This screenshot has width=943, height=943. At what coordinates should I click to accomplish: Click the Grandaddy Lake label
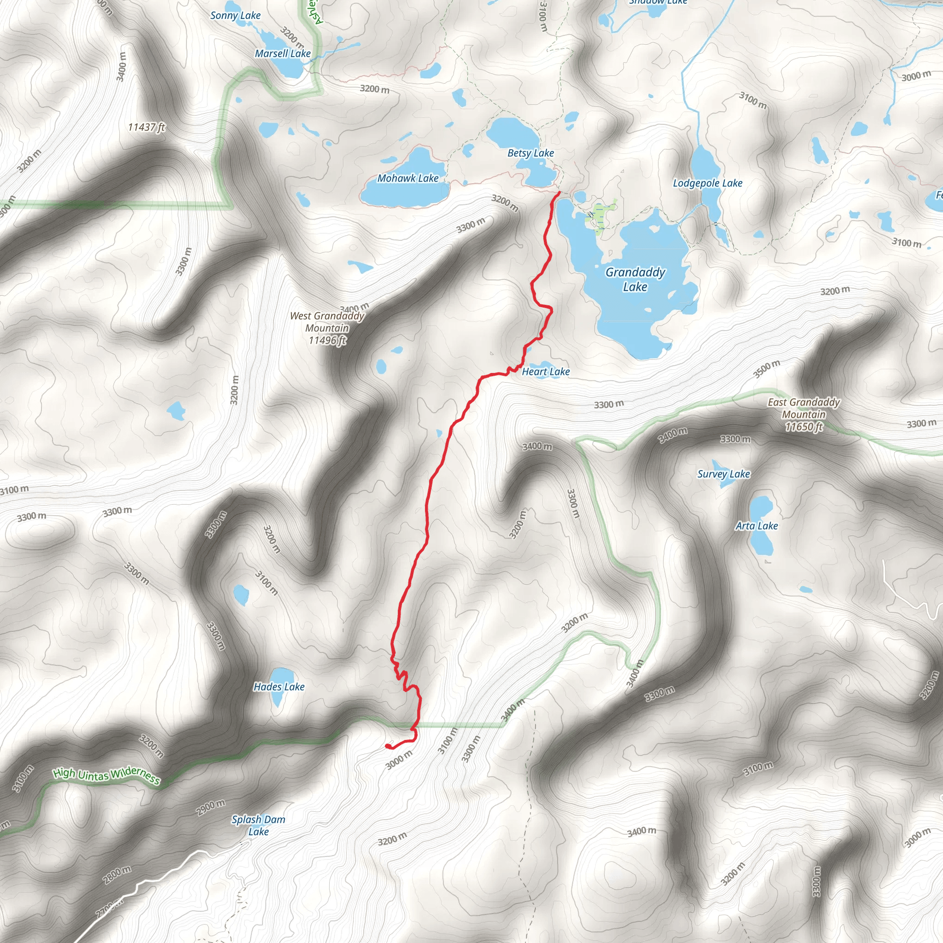[x=635, y=279]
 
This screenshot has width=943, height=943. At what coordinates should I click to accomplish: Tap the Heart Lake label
[x=546, y=372]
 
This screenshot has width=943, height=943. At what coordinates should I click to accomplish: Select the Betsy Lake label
[x=530, y=153]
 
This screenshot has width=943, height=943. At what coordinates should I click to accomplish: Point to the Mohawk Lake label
[x=407, y=178]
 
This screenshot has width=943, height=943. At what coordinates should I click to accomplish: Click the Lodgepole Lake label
[x=707, y=183]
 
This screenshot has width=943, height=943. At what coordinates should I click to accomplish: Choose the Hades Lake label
[x=279, y=686]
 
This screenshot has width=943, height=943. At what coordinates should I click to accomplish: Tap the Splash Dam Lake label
[x=258, y=826]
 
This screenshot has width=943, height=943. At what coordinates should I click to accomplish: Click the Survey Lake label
[x=723, y=473]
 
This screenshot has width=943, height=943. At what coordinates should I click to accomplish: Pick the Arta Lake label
[x=756, y=526]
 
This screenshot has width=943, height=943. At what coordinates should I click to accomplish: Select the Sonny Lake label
[x=235, y=15]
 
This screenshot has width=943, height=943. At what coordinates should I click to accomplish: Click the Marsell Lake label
[x=283, y=53]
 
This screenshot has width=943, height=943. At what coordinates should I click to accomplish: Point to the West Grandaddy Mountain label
[x=327, y=328]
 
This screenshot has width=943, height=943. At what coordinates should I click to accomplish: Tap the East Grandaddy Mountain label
[x=803, y=414]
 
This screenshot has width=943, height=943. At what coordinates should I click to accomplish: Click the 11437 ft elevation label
[x=146, y=127]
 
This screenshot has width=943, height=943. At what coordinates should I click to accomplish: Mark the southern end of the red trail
[x=387, y=746]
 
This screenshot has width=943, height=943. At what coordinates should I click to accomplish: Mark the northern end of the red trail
[x=559, y=193]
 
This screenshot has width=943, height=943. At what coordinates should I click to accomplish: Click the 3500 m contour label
[x=766, y=369]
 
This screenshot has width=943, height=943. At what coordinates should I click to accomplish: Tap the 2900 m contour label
[x=211, y=808]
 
